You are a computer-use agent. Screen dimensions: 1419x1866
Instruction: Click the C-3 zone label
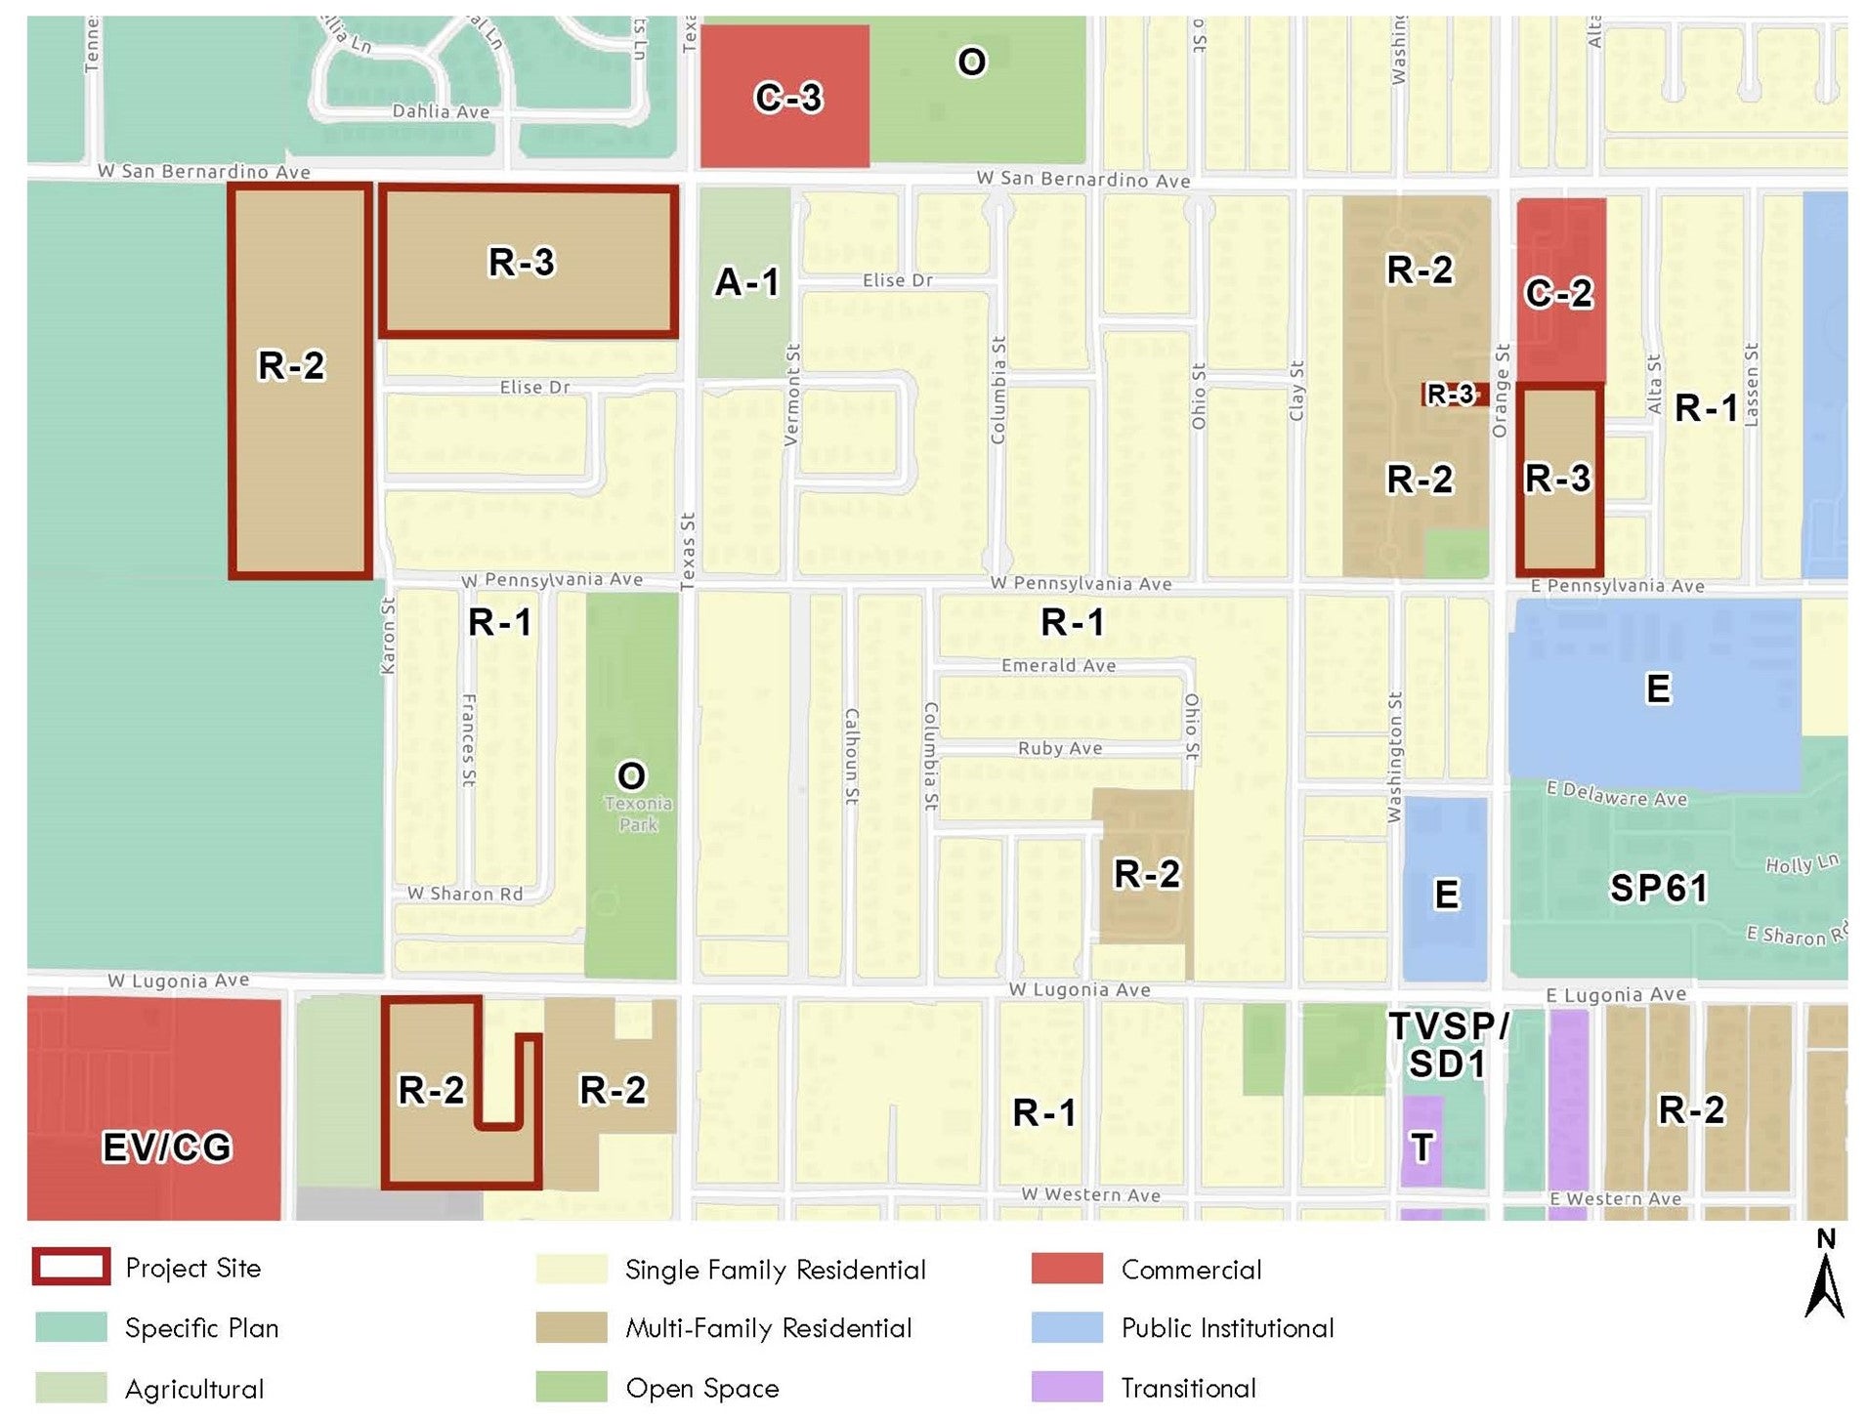[787, 98]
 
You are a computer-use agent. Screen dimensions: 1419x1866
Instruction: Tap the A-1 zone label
[746, 282]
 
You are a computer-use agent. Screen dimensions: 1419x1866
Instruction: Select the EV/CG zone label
[167, 1147]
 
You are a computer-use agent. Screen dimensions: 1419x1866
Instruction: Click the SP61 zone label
[1658, 888]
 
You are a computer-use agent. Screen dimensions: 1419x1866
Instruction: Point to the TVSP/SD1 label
[1448, 1045]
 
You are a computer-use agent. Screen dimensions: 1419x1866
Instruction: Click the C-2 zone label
[1558, 292]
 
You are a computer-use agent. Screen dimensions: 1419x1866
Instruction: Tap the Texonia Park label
[638, 814]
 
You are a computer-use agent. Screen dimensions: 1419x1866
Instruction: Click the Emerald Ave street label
[1058, 666]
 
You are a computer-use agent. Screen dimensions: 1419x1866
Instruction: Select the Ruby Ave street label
[1060, 748]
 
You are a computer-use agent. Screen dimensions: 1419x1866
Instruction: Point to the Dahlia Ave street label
[441, 111]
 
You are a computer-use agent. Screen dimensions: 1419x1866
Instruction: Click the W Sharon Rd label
[465, 894]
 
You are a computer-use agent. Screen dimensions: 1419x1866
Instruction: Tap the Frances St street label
[468, 740]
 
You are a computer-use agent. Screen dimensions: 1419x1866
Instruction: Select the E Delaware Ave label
[1616, 794]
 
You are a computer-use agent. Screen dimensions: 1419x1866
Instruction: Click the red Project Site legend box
[70, 1267]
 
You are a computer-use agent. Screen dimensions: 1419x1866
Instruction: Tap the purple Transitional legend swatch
[1067, 1387]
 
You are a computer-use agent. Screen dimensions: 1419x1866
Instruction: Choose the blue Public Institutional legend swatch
[1067, 1327]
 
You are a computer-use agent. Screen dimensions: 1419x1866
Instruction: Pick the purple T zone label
[1421, 1147]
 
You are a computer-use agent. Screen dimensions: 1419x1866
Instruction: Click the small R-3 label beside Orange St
[1450, 395]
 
